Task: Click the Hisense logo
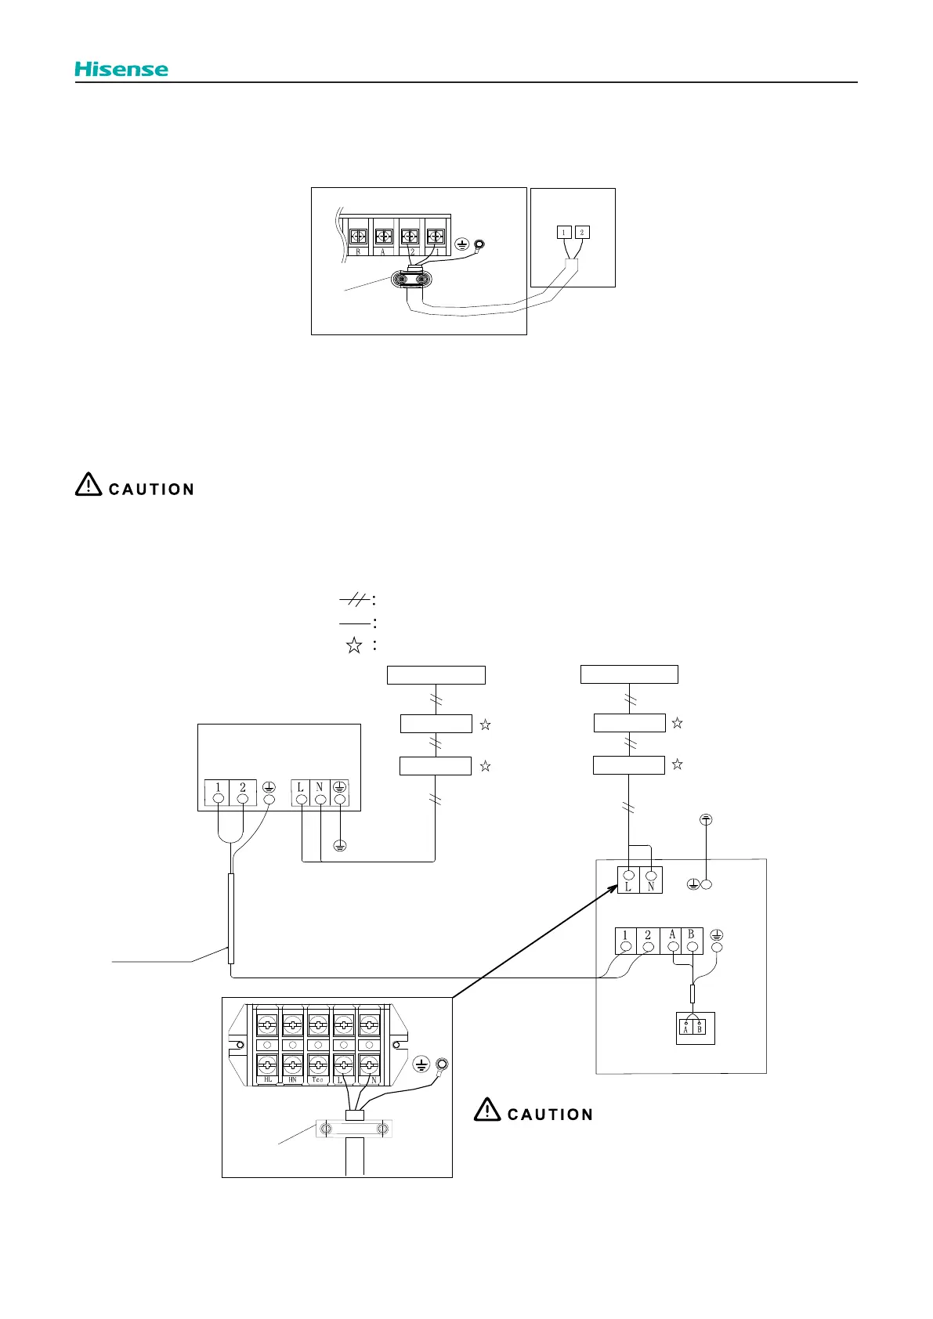[121, 69]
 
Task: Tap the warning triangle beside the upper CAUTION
[89, 485]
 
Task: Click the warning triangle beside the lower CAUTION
[487, 1110]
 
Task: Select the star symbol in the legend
[354, 645]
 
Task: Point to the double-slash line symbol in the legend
[355, 600]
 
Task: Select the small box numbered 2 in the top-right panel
[581, 232]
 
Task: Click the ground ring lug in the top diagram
[479, 244]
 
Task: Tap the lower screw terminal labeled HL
[268, 1065]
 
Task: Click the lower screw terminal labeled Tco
[318, 1065]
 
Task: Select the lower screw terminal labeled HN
[293, 1065]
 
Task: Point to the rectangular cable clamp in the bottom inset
[354, 1129]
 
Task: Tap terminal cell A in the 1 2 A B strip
[672, 940]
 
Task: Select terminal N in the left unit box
[320, 793]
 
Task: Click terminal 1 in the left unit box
[219, 793]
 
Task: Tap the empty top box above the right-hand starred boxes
[629, 674]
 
